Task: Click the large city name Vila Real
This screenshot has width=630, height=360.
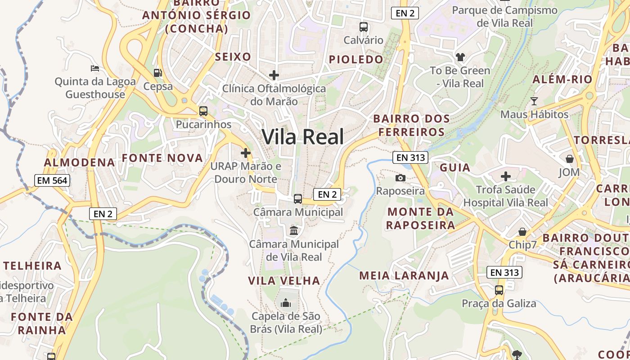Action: [302, 137]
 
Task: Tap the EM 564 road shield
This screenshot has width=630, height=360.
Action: [52, 181]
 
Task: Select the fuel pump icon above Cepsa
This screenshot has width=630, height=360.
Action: [157, 72]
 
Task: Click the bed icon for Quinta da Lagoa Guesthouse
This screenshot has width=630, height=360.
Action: [95, 68]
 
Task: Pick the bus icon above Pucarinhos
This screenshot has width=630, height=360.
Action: [203, 111]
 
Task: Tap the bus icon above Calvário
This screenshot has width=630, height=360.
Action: [363, 27]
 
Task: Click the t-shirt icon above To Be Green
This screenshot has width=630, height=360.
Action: [460, 57]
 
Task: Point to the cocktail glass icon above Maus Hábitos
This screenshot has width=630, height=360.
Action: [534, 101]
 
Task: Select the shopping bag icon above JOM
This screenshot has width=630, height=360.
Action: [570, 159]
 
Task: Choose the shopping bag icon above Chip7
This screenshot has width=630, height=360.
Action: [522, 232]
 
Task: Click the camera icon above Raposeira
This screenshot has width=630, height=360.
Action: [400, 178]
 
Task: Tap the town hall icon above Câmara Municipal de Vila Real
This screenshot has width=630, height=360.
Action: [294, 231]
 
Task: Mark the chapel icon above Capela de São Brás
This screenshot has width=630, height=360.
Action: [286, 303]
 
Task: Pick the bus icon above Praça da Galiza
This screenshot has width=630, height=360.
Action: [499, 290]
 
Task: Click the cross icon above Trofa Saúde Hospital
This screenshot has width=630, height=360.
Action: [506, 176]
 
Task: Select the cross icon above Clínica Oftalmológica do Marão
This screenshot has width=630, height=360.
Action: [274, 75]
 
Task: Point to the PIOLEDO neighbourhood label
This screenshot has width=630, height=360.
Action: [356, 59]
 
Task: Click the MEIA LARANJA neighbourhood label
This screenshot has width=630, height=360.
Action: [404, 275]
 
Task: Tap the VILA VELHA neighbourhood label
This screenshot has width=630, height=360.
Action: [284, 281]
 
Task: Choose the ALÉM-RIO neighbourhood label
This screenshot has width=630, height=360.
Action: [562, 80]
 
